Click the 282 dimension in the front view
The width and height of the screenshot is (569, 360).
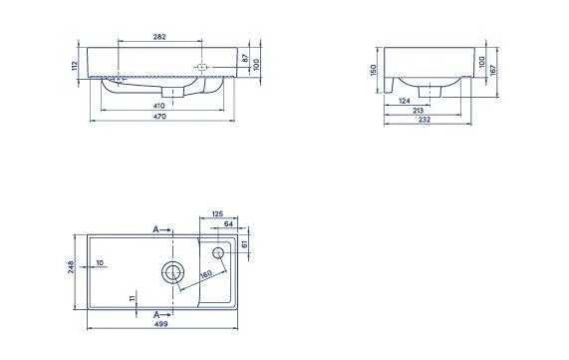pyautogui.click(x=158, y=37)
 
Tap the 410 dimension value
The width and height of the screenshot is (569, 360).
pyautogui.click(x=159, y=105)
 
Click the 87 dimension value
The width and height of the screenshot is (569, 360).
pyautogui.click(x=245, y=59)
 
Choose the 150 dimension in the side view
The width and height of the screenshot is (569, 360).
pyautogui.click(x=374, y=71)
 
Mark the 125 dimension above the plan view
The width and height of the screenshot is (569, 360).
pyautogui.click(x=217, y=212)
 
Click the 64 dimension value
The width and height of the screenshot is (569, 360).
pyautogui.click(x=228, y=224)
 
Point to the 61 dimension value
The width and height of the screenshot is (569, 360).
pyautogui.click(x=245, y=243)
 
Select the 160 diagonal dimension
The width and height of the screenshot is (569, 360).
pyautogui.click(x=205, y=274)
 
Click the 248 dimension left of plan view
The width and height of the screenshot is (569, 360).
pyautogui.click(x=71, y=270)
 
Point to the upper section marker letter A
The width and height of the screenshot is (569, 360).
pyautogui.click(x=155, y=229)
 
